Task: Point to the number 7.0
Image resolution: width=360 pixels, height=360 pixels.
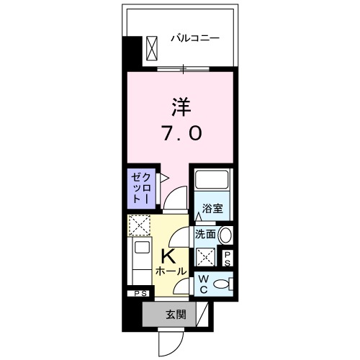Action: coord(181,133)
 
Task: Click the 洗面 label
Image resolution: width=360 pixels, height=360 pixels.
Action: coord(205,234)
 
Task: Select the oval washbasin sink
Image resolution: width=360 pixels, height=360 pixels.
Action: coord(225,235)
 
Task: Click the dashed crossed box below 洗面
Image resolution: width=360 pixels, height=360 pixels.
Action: coord(206,256)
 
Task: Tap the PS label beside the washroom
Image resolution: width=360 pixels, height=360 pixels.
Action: coord(228,258)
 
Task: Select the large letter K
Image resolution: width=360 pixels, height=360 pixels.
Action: coord(170,256)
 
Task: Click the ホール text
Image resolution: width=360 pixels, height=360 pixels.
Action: coord(171,271)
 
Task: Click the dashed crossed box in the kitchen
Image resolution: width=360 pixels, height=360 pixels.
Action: coord(138,226)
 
